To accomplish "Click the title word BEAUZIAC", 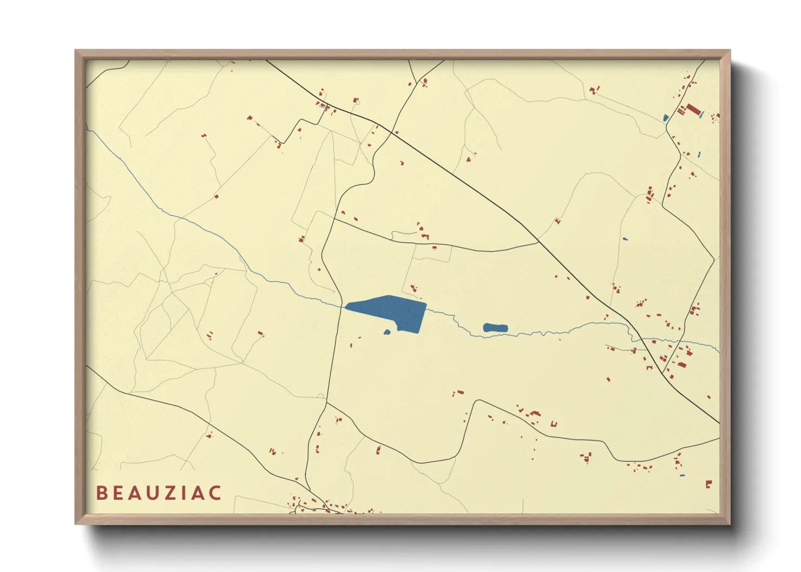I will pos(159,493).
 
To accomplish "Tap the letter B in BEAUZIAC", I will pos(101,493).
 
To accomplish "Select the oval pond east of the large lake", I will pos(495,328).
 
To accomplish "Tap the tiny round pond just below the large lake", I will pos(387,332).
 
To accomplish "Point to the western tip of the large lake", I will pos(346,308).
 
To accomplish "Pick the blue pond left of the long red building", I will pos(666,117).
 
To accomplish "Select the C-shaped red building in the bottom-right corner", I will pos(708,484).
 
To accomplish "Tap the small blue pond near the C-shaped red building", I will pos(681,476).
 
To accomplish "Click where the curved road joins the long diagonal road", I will pos(537,242).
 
